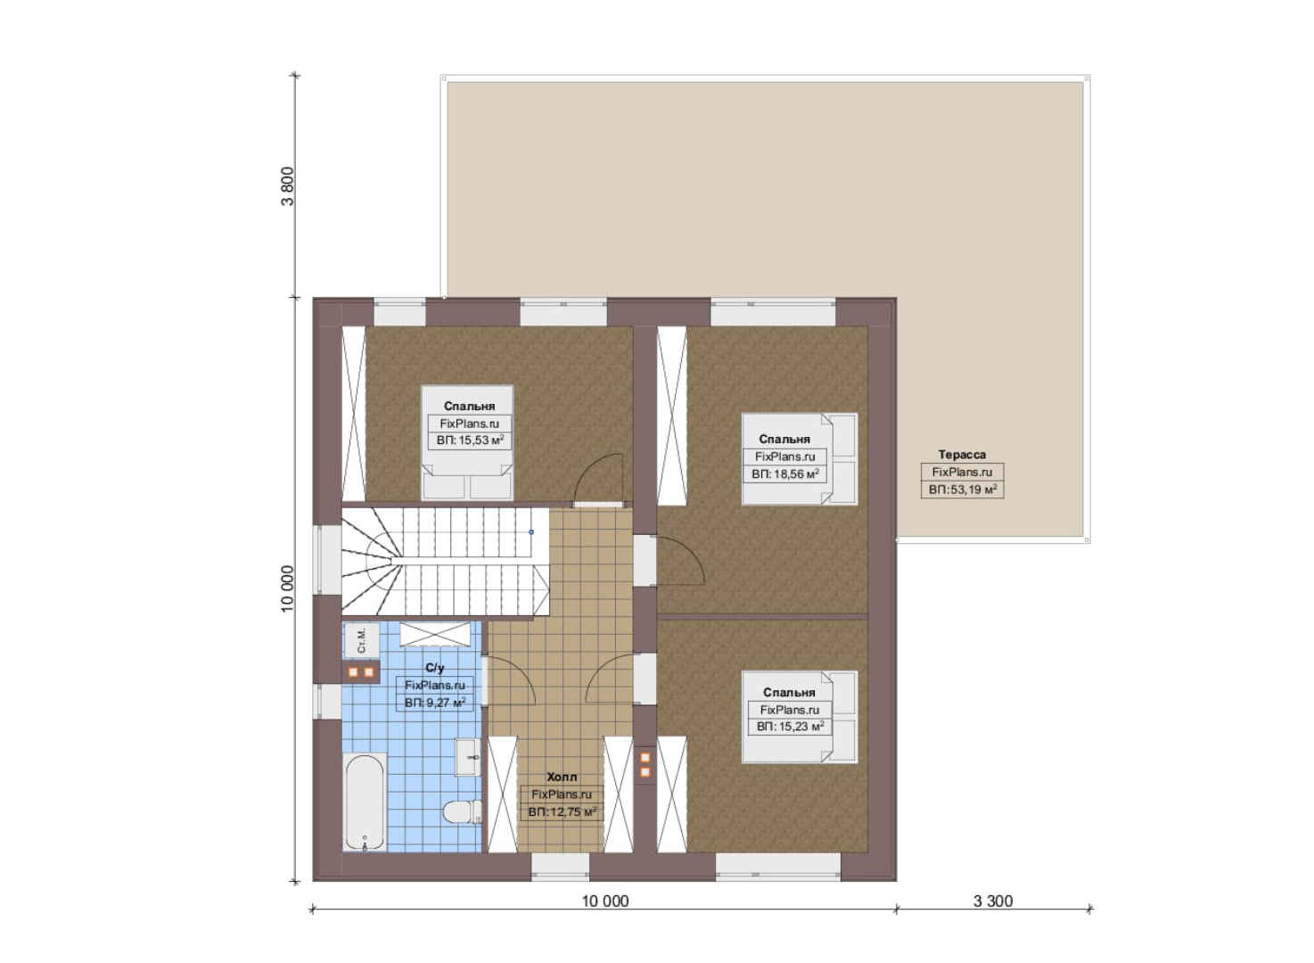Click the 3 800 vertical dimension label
click(287, 186)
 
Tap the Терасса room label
click(962, 454)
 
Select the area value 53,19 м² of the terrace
click(962, 490)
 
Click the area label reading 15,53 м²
click(470, 440)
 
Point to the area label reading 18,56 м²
click(784, 473)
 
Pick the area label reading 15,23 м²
click(790, 727)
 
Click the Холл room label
click(562, 777)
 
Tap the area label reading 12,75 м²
click(562, 812)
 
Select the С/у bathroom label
click(435, 668)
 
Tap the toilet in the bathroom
click(463, 813)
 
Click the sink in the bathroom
click(468, 757)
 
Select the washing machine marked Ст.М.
click(361, 641)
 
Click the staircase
click(445, 562)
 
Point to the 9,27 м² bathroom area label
click(435, 703)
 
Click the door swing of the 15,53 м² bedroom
click(598, 479)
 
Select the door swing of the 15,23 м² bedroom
click(610, 679)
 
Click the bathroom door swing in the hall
click(511, 679)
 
